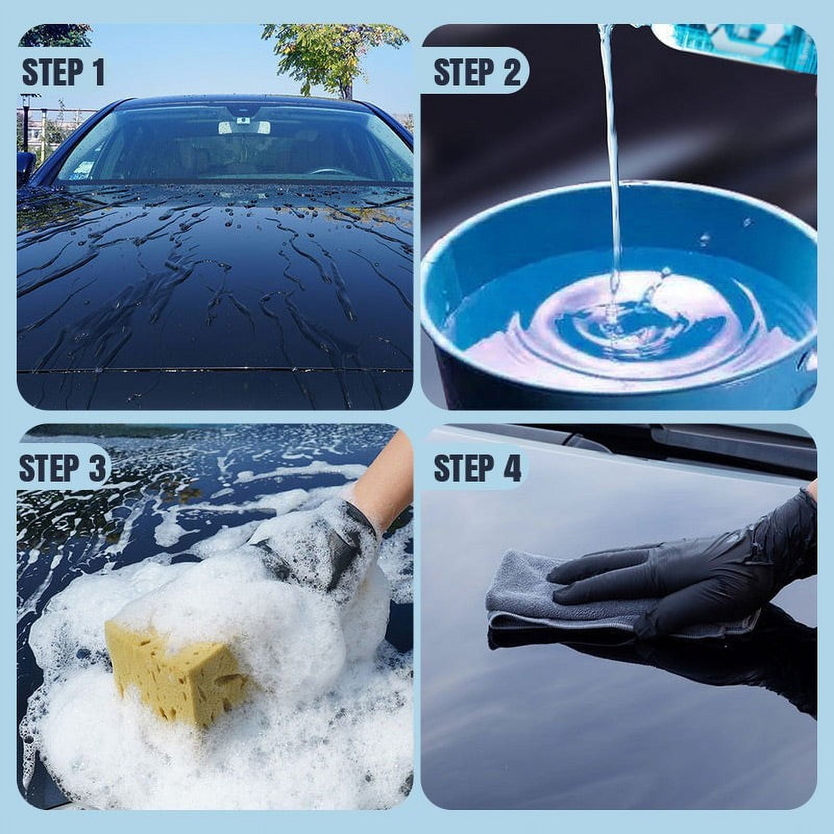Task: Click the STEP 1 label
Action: (63, 72)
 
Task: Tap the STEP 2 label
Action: (476, 72)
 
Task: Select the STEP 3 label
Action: (63, 468)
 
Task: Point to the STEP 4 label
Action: (476, 468)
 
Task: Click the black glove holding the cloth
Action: (678, 573)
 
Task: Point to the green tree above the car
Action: (323, 52)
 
